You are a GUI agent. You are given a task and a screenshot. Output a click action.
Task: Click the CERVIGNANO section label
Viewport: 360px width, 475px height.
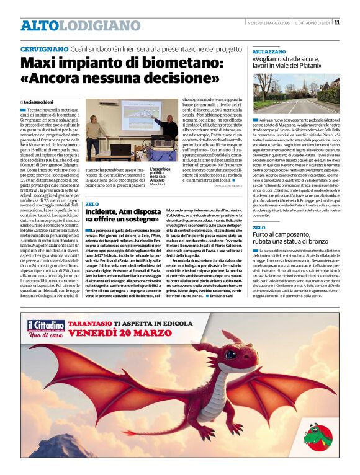coord(44,48)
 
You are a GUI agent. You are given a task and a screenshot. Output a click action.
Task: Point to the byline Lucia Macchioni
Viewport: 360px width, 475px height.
coord(40,102)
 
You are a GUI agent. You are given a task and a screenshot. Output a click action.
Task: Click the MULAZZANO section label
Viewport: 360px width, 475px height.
coord(269,53)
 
